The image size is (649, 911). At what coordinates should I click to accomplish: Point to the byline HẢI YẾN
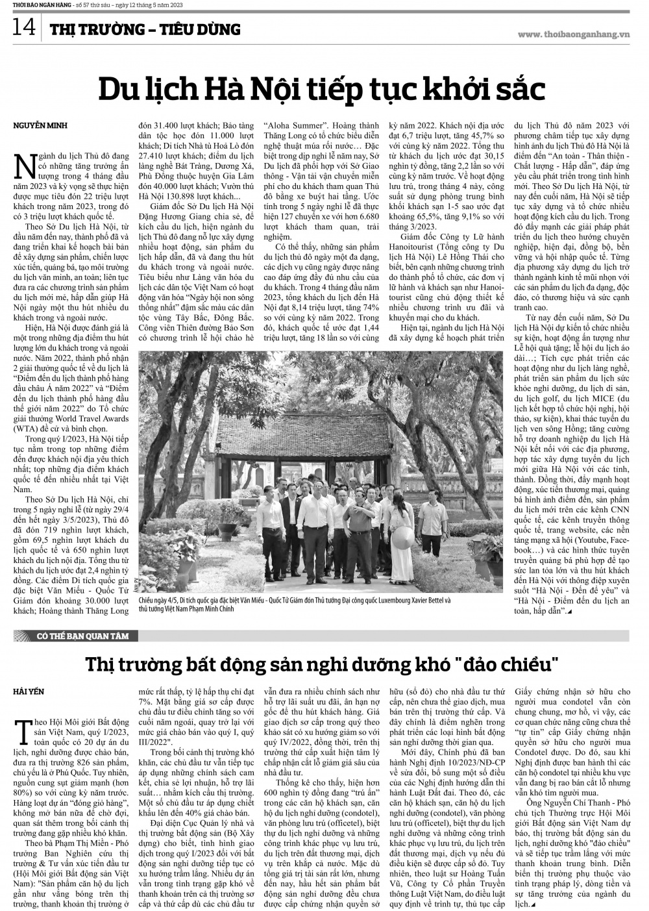[x=29, y=691]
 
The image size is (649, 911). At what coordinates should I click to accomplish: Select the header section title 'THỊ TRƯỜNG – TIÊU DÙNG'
[x=145, y=29]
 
